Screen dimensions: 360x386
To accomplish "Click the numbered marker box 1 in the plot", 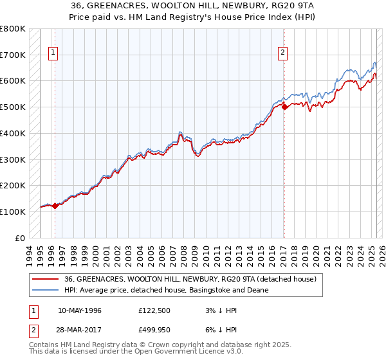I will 52,53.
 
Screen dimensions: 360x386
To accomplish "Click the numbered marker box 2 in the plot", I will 282,53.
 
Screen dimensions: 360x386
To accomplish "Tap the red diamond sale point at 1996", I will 55,206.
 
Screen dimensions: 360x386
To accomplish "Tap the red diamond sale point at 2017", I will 284,107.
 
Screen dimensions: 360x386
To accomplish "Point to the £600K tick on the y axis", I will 14,81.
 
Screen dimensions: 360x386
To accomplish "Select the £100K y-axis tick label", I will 14,212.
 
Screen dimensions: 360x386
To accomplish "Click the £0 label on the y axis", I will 21,238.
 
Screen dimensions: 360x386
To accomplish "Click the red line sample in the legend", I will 45,280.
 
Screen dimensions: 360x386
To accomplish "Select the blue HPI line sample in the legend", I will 45,291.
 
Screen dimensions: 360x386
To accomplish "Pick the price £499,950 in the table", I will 155,330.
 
